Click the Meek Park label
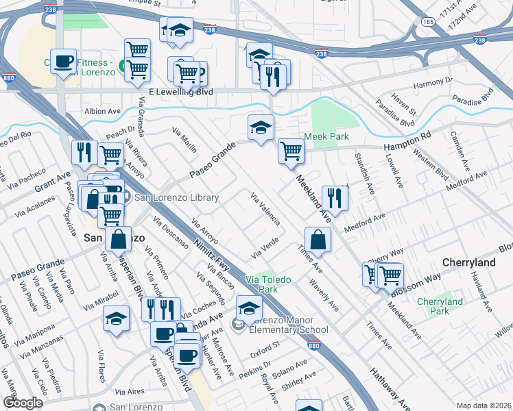click(x=326, y=136)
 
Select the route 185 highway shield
click(x=429, y=23)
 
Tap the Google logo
click(x=23, y=402)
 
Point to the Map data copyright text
click(x=484, y=406)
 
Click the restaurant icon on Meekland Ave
click(x=335, y=197)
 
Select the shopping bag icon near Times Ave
click(x=318, y=240)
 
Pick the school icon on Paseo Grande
click(x=260, y=127)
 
